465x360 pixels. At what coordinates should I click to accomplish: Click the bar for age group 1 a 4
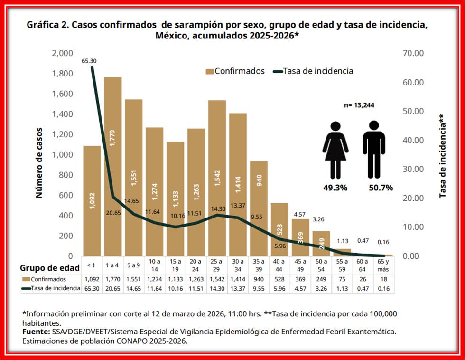tap(113, 166)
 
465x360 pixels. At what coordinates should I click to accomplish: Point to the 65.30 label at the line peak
tap(89, 61)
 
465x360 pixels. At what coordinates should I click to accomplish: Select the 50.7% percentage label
tap(381, 188)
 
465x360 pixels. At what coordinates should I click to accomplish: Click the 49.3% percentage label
tap(336, 188)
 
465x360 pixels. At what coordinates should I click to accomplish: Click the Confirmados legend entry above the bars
tap(235, 71)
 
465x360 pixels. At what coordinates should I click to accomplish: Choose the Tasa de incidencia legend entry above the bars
tap(313, 71)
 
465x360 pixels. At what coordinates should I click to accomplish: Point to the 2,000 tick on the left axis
tap(62, 53)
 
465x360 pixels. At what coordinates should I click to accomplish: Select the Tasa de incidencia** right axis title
tap(442, 156)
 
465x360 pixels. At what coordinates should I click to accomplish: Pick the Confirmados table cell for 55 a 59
tap(342, 279)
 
